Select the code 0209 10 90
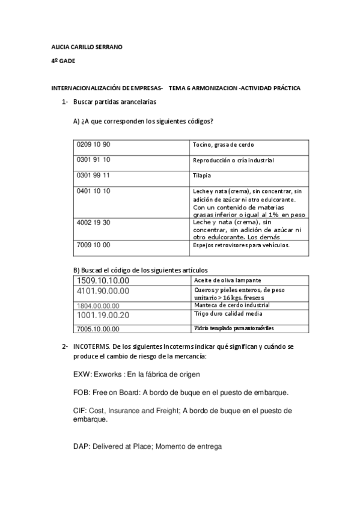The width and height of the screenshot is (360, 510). (x=94, y=144)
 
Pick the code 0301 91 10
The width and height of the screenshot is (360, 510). (x=94, y=159)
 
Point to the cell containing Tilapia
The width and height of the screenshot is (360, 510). (x=203, y=176)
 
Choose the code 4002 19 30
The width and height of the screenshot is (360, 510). (x=94, y=222)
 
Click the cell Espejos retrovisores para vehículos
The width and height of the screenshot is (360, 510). (x=241, y=245)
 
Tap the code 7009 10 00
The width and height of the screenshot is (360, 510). (x=94, y=245)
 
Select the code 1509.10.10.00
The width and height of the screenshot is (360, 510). (x=103, y=280)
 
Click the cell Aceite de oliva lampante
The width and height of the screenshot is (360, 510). (x=227, y=280)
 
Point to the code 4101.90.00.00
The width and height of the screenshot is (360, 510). (x=103, y=291)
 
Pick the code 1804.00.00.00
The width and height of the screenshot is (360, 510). (x=99, y=306)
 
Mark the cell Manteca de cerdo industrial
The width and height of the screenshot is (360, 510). (x=231, y=305)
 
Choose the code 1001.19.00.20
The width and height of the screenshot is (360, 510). (x=103, y=315)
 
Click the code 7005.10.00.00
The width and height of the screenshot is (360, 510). (x=99, y=329)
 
